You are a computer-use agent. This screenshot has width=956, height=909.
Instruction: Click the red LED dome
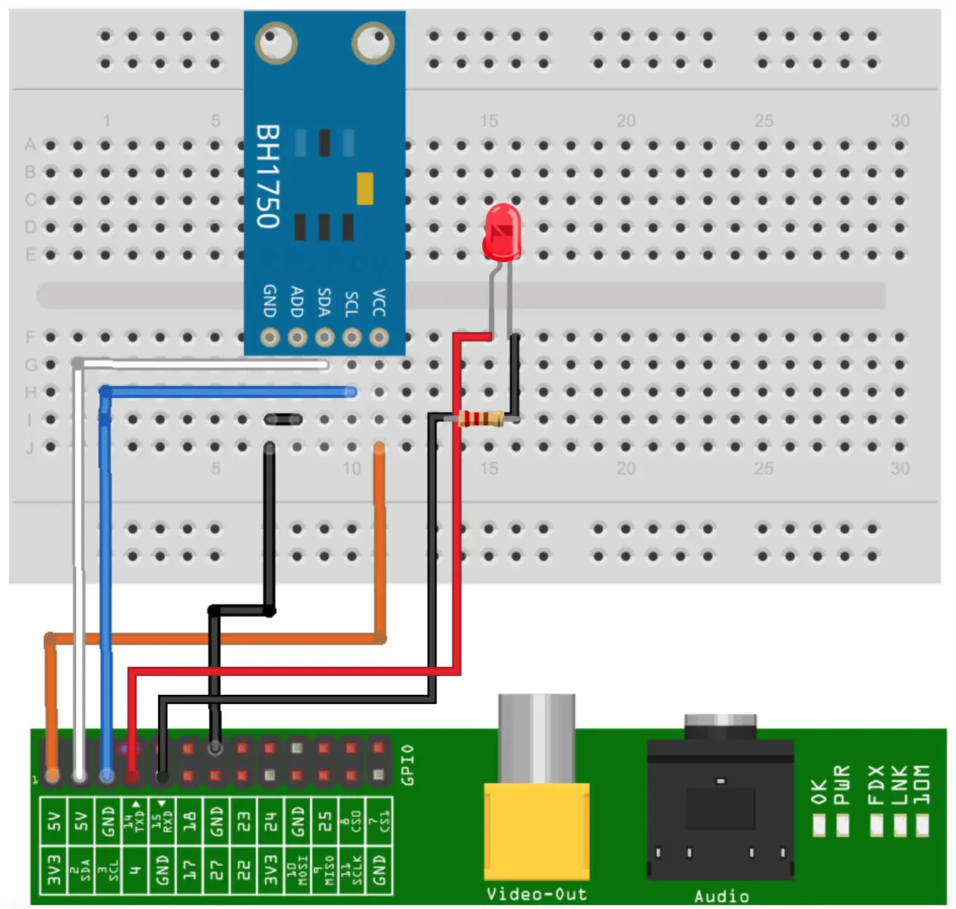pyautogui.click(x=502, y=232)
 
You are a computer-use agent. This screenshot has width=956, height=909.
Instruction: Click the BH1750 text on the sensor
pyautogui.click(x=268, y=176)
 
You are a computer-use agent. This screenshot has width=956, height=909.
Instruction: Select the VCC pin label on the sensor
pyautogui.click(x=379, y=302)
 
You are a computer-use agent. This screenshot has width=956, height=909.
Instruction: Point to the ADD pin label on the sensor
pyautogui.click(x=297, y=302)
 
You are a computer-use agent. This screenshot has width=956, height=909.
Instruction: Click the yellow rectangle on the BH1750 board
pyautogui.click(x=364, y=189)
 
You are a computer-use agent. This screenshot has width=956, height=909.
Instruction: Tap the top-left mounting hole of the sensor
pyautogui.click(x=275, y=43)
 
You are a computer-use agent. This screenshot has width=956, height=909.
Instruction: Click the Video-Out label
pyautogui.click(x=536, y=894)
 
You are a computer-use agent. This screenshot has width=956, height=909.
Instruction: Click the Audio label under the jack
pyautogui.click(x=721, y=896)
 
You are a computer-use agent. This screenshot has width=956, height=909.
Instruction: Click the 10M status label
pyautogui.click(x=921, y=785)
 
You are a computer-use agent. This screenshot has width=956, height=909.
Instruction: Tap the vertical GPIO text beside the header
pyautogui.click(x=408, y=764)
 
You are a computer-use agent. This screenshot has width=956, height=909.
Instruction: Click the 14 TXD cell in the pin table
pyautogui.click(x=135, y=817)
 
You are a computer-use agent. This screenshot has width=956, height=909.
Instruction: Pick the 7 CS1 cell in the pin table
pyautogui.click(x=379, y=817)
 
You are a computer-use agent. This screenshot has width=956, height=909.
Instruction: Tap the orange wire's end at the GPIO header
pyautogui.click(x=52, y=775)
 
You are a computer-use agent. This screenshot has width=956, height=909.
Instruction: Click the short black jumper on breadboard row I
pyautogui.click(x=283, y=419)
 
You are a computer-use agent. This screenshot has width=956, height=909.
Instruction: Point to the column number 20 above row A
pyautogui.click(x=626, y=121)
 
